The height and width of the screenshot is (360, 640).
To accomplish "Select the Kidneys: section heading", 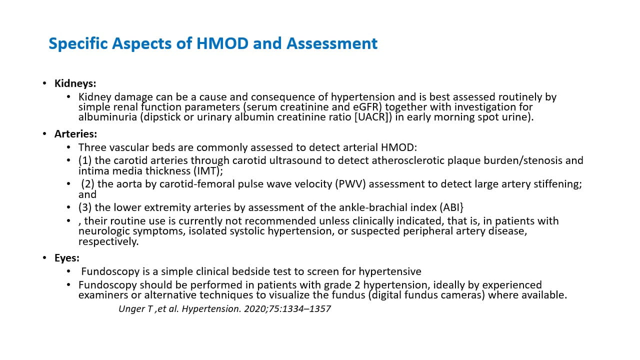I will [75, 83].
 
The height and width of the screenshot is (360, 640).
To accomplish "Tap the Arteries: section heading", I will [75, 134].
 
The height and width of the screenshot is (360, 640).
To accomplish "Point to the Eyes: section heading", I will [67, 258].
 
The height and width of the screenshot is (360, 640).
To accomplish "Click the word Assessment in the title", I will [332, 43].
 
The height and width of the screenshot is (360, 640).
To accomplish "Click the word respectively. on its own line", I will [108, 241].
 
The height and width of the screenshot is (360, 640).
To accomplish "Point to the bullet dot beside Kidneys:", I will [45, 83].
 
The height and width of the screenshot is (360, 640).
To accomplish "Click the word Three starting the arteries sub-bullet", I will [91, 147].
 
